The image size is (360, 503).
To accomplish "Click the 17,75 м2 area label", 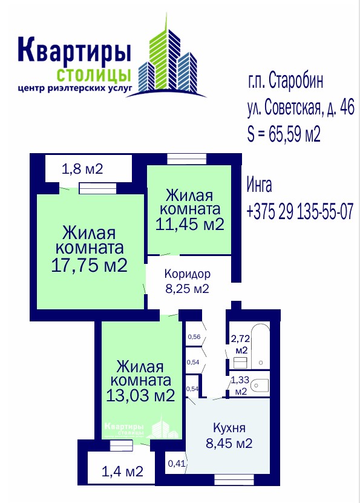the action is pos(89,265).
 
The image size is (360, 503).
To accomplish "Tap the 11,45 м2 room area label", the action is pos(189,223).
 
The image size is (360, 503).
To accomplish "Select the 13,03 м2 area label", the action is pos(140,395).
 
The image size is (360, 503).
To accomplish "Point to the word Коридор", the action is pos(188,274).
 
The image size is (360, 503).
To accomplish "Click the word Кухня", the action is pos(229,428).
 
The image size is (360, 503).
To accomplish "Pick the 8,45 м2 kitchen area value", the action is pos(229,443).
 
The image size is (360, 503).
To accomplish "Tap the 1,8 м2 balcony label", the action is pos(82,169).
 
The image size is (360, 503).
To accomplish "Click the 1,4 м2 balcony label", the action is pos(122,472).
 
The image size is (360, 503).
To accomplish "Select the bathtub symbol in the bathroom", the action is pos(260,346).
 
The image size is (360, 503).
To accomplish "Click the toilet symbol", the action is pos(260,385).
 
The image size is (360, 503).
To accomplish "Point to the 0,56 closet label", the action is pos(194,337).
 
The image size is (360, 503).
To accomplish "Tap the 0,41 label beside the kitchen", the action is pos(177,463).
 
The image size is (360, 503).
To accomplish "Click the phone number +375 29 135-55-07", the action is pos(300,211).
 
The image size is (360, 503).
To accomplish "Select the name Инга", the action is pos(260,185).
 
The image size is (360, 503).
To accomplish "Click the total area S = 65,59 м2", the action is pos(284,134).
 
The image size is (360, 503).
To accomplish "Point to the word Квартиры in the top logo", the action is pos(74,50).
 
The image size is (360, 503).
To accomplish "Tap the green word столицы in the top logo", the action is pos(94,76).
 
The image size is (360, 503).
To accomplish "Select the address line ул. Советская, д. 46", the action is pos(301,108).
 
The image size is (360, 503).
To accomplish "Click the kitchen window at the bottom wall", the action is pos(234,480).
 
